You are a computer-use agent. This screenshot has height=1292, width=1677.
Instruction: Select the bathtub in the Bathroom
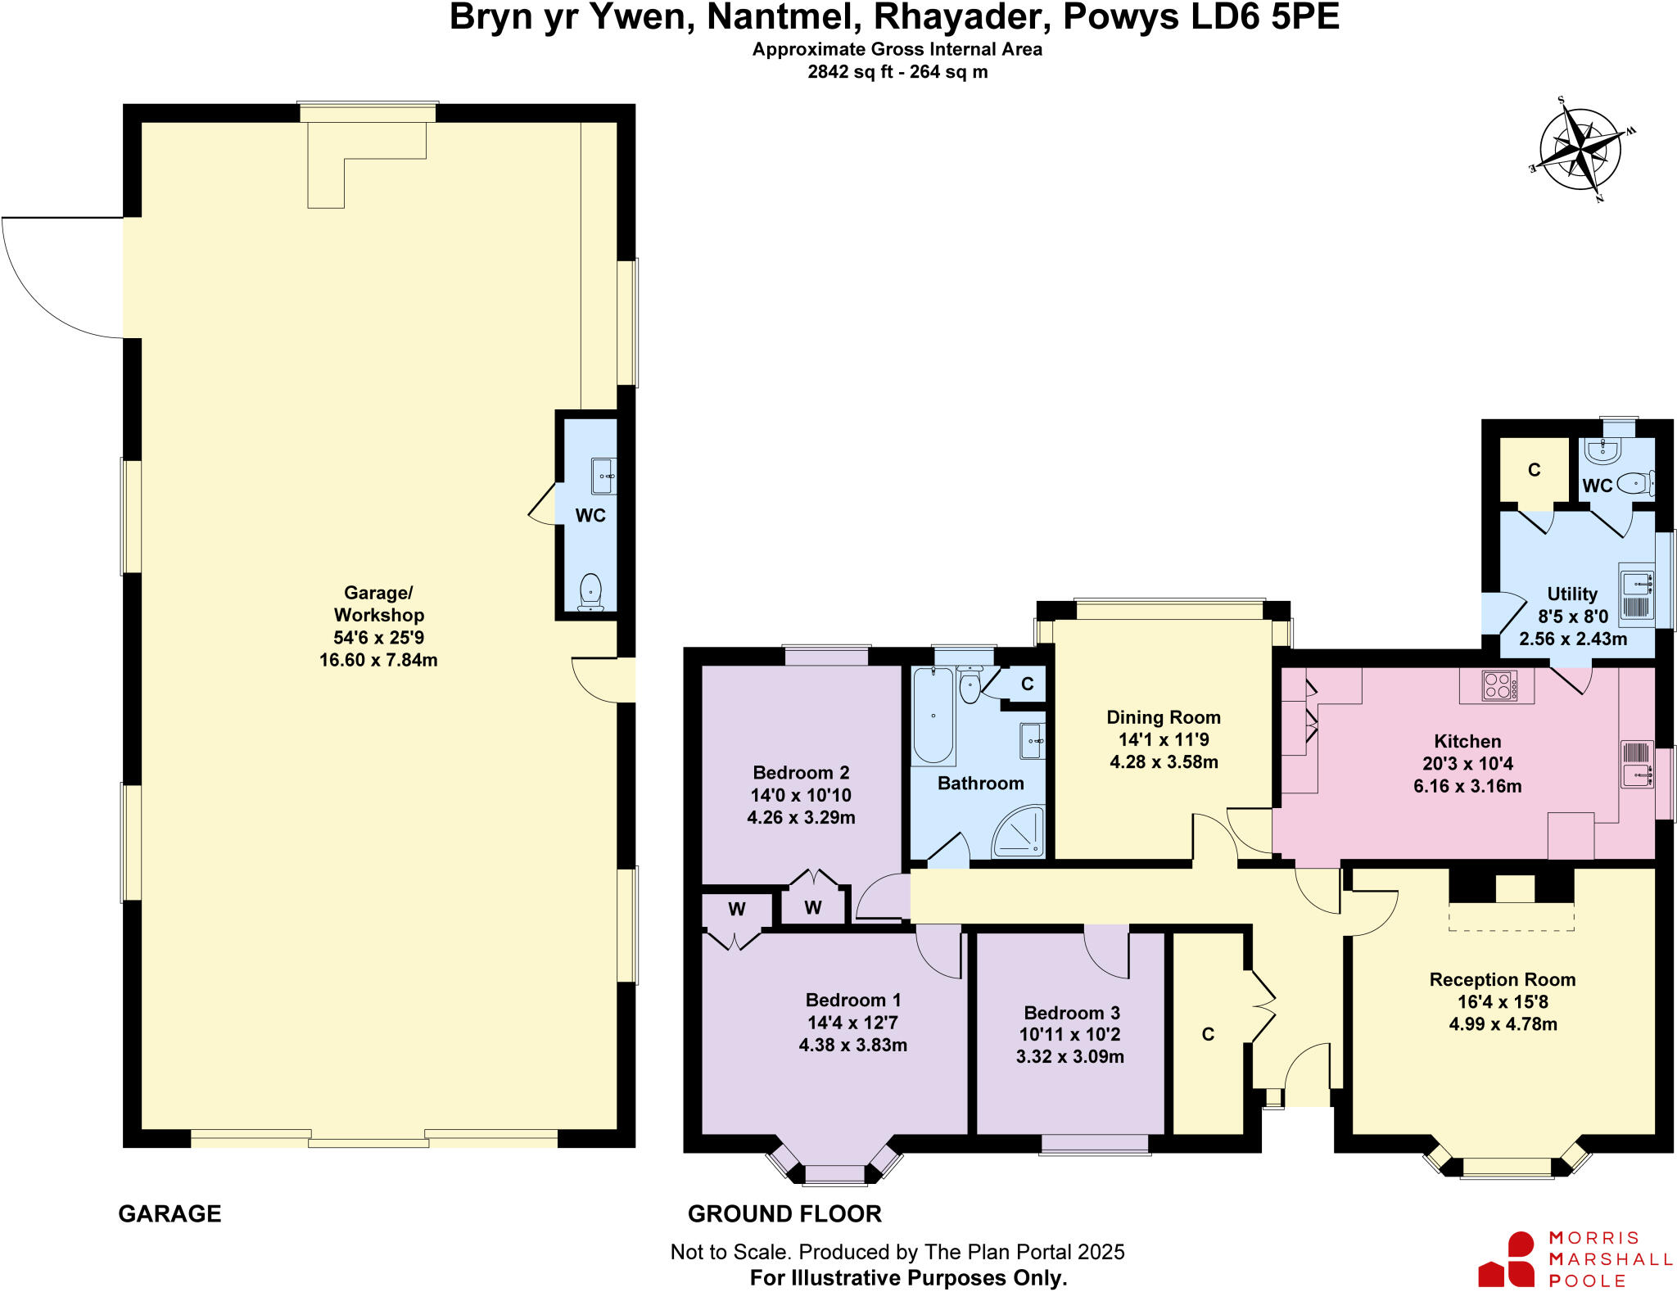click(x=933, y=715)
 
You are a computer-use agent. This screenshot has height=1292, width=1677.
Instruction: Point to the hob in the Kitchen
click(x=1499, y=685)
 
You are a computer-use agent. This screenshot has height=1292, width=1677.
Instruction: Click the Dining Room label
click(x=1163, y=717)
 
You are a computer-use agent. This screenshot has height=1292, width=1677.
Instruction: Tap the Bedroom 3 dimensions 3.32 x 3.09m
click(x=1069, y=1057)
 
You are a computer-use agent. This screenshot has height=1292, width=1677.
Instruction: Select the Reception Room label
click(x=1502, y=979)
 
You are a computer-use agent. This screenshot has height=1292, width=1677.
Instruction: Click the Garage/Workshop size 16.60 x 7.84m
click(x=378, y=660)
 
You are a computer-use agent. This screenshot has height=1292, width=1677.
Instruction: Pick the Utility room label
click(x=1571, y=594)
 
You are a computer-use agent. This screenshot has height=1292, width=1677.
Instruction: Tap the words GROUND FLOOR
click(x=784, y=1213)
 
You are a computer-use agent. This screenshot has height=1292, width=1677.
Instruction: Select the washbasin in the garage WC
click(x=603, y=476)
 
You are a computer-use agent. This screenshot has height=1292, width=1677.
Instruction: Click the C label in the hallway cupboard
click(x=1208, y=1034)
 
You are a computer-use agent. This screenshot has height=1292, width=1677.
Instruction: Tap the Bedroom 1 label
click(x=852, y=1000)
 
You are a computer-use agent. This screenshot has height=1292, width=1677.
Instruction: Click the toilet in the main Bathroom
click(x=970, y=687)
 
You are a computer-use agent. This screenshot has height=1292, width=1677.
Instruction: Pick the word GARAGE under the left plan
click(x=170, y=1213)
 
